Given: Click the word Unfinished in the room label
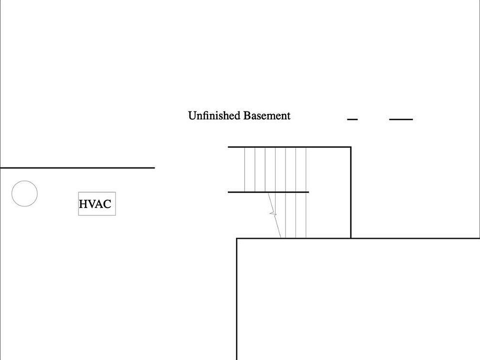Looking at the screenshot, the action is (214, 115).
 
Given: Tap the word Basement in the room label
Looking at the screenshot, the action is (267, 115).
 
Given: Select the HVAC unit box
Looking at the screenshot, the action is (97, 204).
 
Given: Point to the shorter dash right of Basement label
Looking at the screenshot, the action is (352, 119).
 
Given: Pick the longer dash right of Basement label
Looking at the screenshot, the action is (401, 119).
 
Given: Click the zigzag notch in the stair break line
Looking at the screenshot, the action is (273, 213).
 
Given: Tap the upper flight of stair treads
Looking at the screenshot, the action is (275, 169).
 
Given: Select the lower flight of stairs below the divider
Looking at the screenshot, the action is (288, 215).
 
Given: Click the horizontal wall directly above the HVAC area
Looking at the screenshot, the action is (77, 168).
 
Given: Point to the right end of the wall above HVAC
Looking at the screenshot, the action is (155, 168).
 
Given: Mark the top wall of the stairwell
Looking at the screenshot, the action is (289, 147).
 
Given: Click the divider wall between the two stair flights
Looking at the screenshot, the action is (268, 192).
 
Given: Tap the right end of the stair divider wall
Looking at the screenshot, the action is (309, 192).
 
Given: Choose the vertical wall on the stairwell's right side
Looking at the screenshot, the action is (351, 192).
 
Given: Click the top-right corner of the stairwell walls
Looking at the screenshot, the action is (351, 147).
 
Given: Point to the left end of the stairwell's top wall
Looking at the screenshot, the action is (228, 147).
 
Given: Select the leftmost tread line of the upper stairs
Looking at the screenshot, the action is (244, 169).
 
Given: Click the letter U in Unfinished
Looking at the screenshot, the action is (192, 115).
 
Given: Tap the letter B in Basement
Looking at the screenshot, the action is (246, 115).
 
